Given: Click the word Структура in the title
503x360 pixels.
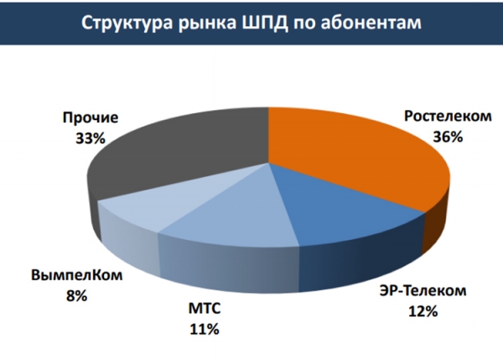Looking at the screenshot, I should pyautogui.click(x=123, y=22).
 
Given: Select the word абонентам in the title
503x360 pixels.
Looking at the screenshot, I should pyautogui.click(x=372, y=22).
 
